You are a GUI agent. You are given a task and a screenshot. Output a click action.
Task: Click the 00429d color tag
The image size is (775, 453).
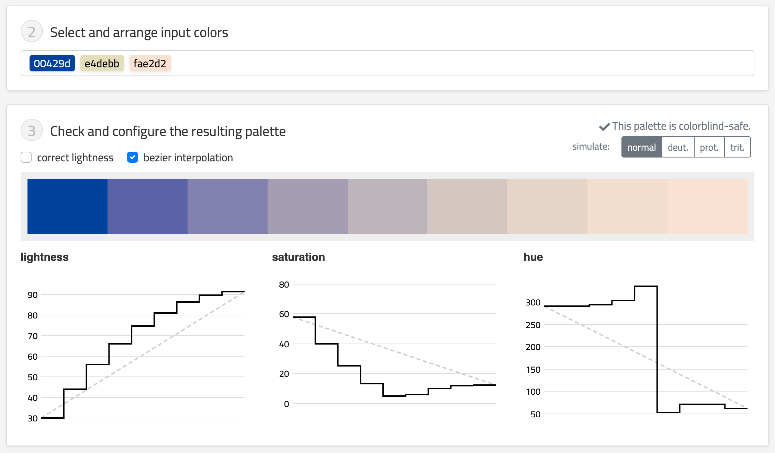pyautogui.click(x=52, y=63)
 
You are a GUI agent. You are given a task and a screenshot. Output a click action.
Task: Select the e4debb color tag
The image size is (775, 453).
pyautogui.click(x=102, y=63)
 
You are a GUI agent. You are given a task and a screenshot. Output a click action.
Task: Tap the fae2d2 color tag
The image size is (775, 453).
pyautogui.click(x=150, y=63)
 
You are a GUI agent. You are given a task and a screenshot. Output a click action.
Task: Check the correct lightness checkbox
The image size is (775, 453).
pyautogui.click(x=26, y=158)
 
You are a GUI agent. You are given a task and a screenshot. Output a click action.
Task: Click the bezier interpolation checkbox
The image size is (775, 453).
pyautogui.click(x=133, y=158)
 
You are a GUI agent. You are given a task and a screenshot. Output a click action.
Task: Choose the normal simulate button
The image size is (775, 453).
pyautogui.click(x=642, y=147)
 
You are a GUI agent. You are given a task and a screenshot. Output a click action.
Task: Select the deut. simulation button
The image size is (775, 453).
pyautogui.click(x=678, y=147)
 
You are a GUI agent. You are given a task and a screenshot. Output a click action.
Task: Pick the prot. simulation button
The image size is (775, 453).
pyautogui.click(x=709, y=147)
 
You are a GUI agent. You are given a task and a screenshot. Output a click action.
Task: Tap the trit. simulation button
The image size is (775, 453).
pyautogui.click(x=738, y=147)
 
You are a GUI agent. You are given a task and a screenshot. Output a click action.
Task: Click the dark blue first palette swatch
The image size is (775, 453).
pyautogui.click(x=67, y=207)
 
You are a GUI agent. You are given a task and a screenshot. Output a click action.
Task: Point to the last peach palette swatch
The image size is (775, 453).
pyautogui.click(x=707, y=207)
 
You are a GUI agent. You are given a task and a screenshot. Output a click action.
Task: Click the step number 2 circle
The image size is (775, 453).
pyautogui.click(x=32, y=32)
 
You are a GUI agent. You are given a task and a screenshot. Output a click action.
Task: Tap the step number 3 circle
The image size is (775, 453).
pyautogui.click(x=32, y=130)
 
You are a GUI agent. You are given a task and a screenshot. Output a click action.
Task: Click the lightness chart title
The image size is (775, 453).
pyautogui.click(x=45, y=257)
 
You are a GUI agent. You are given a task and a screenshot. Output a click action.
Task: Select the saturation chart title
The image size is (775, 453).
pyautogui.click(x=299, y=257)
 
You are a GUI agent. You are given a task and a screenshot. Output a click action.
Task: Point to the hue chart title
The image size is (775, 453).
pyautogui.click(x=533, y=257)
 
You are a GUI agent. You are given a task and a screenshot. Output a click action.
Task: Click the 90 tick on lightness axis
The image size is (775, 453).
pyautogui.click(x=33, y=295)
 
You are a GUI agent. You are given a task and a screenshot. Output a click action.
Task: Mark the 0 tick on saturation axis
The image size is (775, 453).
pyautogui.click(x=287, y=404)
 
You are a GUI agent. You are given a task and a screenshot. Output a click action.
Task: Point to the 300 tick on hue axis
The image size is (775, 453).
pyautogui.click(x=533, y=302)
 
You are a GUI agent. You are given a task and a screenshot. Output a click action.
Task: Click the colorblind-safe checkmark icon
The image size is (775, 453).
pyautogui.click(x=604, y=127)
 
